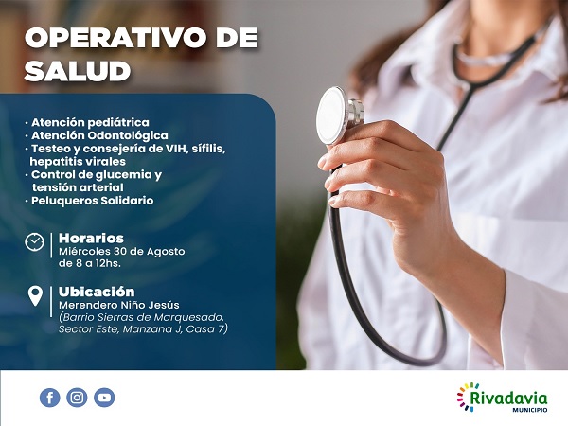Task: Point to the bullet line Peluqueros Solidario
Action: point(92,201)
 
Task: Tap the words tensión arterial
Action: point(78,187)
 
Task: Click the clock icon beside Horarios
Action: point(35,242)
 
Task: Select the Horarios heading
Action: point(91,238)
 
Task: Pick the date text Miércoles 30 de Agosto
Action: point(121,252)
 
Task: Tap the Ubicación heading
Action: point(97,292)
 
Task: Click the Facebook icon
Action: point(50,398)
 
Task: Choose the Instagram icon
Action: point(77,398)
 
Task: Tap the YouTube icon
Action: point(104,398)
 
